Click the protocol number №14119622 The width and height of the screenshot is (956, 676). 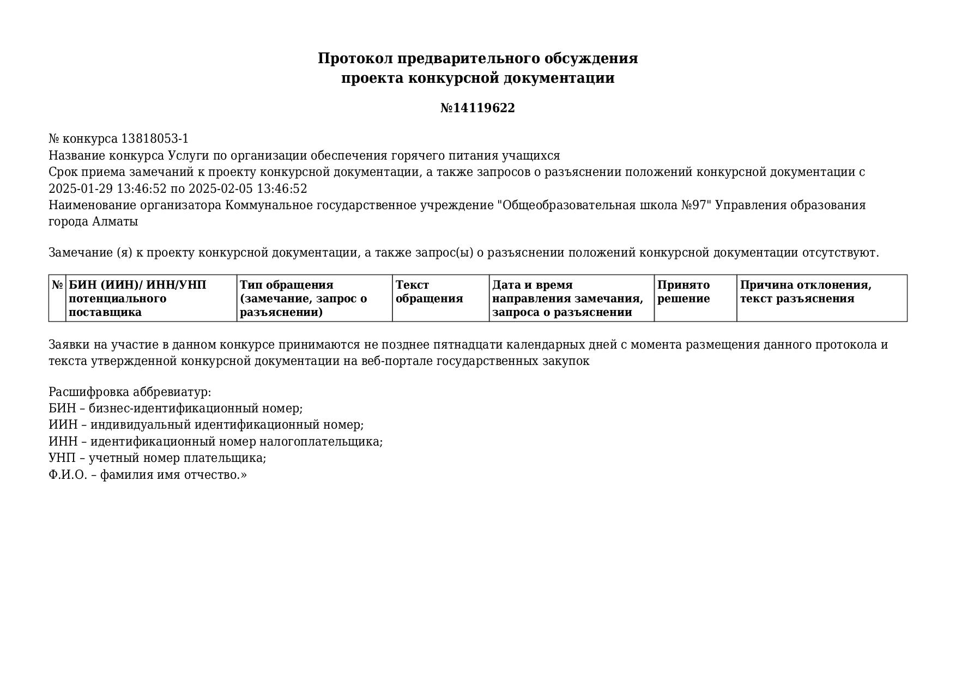click(477, 108)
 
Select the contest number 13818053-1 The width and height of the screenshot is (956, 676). click(154, 139)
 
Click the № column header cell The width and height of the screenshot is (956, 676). click(57, 285)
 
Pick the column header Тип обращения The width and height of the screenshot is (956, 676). click(287, 285)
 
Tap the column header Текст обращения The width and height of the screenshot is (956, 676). click(429, 292)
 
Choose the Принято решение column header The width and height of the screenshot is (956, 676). click(683, 292)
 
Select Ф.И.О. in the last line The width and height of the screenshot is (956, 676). click(68, 475)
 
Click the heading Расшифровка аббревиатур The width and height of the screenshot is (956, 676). click(130, 392)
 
